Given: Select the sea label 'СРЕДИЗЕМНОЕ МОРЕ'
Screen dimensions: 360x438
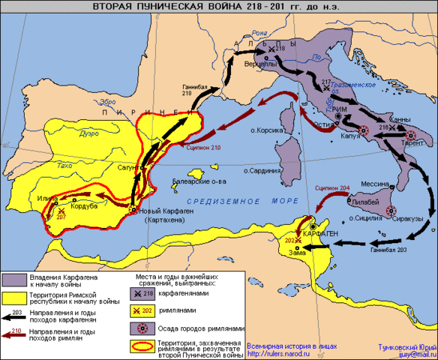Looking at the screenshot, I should tap(232, 201).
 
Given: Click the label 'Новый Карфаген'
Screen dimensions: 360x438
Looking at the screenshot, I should tap(165, 211).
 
